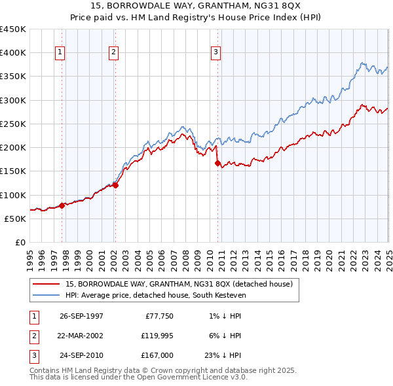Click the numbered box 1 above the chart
(x=60, y=52)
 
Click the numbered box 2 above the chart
(x=113, y=52)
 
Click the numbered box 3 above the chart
(x=215, y=52)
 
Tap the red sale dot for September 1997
(x=62, y=205)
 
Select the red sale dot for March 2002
(x=115, y=185)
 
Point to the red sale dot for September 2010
(x=217, y=164)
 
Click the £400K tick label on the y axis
(x=13, y=53)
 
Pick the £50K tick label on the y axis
(x=15, y=219)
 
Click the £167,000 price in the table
(x=158, y=357)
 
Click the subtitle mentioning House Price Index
(x=196, y=18)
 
